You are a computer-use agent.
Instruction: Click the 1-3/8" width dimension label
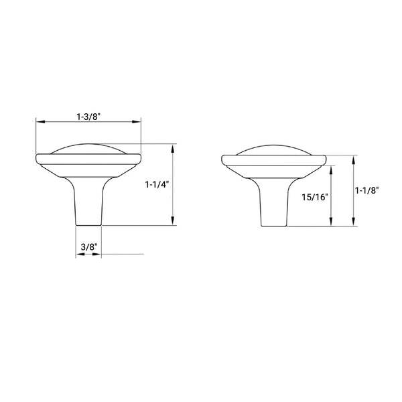88,117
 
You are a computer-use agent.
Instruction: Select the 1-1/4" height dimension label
157,185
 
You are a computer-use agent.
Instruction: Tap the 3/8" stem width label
89,247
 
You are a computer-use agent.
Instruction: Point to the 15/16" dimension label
315,197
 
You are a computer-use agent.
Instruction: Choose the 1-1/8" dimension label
367,190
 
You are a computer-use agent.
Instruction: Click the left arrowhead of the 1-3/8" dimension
40,121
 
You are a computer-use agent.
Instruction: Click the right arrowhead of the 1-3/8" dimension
137,121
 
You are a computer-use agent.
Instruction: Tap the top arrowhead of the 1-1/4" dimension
173,149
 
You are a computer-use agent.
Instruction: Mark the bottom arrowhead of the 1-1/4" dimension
173,220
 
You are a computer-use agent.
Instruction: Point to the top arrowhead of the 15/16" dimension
332,170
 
